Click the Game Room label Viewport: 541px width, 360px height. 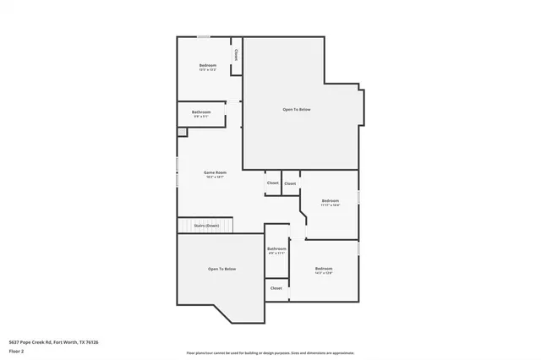pyautogui.click(x=215, y=172)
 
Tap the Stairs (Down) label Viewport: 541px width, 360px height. pyautogui.click(x=206, y=226)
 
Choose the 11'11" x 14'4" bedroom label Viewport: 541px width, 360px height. pyautogui.click(x=330, y=202)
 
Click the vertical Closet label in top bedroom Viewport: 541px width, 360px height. pyautogui.click(x=237, y=55)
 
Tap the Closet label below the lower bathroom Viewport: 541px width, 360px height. pyautogui.click(x=276, y=288)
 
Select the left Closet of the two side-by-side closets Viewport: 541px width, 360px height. pyautogui.click(x=273, y=183)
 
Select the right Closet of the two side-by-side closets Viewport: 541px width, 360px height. pyautogui.click(x=290, y=183)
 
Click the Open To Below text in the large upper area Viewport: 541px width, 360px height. pyautogui.click(x=303, y=110)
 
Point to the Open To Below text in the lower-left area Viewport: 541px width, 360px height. pyautogui.click(x=221, y=269)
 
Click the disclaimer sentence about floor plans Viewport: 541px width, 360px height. pyautogui.click(x=270, y=353)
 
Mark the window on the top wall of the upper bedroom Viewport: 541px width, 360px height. pyautogui.click(x=204, y=36)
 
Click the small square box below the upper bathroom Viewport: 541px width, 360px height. pyautogui.click(x=182, y=132)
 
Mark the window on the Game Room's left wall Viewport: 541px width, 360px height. pyautogui.click(x=177, y=172)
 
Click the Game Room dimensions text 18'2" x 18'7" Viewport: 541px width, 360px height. pyautogui.click(x=215, y=177)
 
